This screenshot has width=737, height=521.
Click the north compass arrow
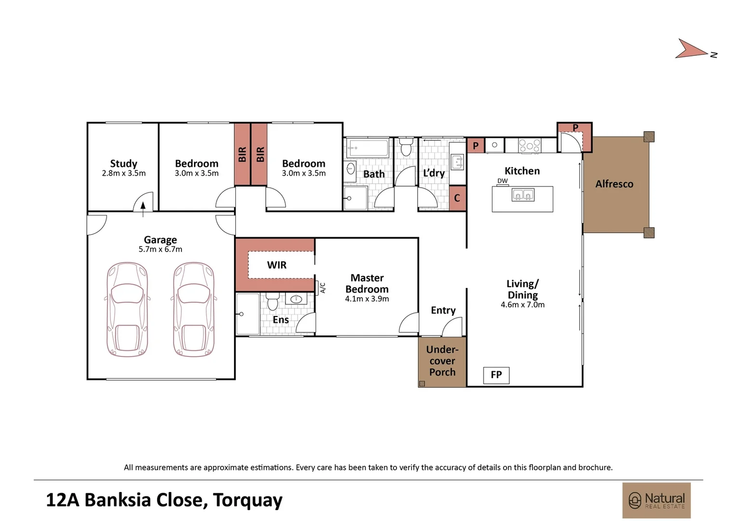pos(691,49)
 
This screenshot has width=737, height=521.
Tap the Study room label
pos(123,164)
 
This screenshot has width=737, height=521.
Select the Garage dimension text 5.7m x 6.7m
pos(160,249)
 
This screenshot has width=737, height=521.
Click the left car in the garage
pos(127,309)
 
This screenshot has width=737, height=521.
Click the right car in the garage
pos(194,309)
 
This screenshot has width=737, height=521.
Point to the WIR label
pos(276,265)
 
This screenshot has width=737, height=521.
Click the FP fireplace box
pos(496,375)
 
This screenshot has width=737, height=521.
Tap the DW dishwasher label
pos(503,181)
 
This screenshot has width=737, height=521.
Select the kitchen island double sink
pos(523,195)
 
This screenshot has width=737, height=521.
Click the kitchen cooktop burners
pos(530,145)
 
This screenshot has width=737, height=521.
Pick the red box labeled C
pos(457,198)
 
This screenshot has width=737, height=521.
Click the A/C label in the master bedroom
pos(323,288)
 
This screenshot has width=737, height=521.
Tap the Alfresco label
pos(614,184)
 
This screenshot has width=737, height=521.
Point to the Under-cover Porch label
pos(442,361)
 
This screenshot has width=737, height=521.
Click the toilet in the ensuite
pos(273,302)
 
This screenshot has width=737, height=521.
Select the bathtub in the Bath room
pos(368,148)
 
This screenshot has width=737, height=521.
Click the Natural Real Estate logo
pos(656,500)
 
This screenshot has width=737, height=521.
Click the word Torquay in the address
pos(247,500)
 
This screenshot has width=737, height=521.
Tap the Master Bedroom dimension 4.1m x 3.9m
pos(367,299)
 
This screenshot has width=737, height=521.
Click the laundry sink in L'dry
pos(457,162)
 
